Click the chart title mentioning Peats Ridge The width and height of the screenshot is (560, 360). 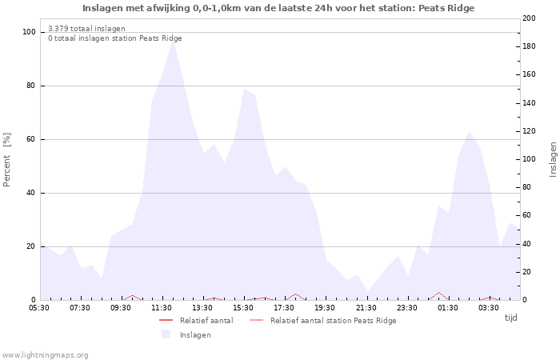click(278, 8)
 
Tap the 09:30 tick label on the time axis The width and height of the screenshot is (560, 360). click(121, 307)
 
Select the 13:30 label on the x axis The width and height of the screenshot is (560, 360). click(203, 307)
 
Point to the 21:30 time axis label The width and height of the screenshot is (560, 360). click(366, 307)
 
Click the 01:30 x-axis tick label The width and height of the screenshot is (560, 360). click(448, 307)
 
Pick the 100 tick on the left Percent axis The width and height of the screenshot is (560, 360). click(30, 32)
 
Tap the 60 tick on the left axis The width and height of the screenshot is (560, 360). click(31, 139)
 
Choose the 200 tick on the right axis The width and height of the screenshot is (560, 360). click(530, 18)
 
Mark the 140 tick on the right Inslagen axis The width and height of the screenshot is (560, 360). click(530, 103)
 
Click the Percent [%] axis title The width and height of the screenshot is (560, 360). click(7, 159)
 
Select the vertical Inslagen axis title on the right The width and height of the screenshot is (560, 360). click(553, 159)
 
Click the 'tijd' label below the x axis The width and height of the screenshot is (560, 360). click(510, 318)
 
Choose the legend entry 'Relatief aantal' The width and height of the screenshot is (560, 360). click(206, 321)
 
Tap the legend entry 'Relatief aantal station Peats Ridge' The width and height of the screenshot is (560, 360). click(333, 321)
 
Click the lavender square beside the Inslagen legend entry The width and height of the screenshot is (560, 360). click(166, 334)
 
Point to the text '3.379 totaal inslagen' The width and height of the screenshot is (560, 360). click(86, 29)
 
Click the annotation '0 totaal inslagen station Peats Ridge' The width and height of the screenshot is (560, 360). click(114, 38)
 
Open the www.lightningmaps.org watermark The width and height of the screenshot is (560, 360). click(46, 355)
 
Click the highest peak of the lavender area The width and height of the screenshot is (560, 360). click(173, 40)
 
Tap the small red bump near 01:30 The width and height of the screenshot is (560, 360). click(438, 293)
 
